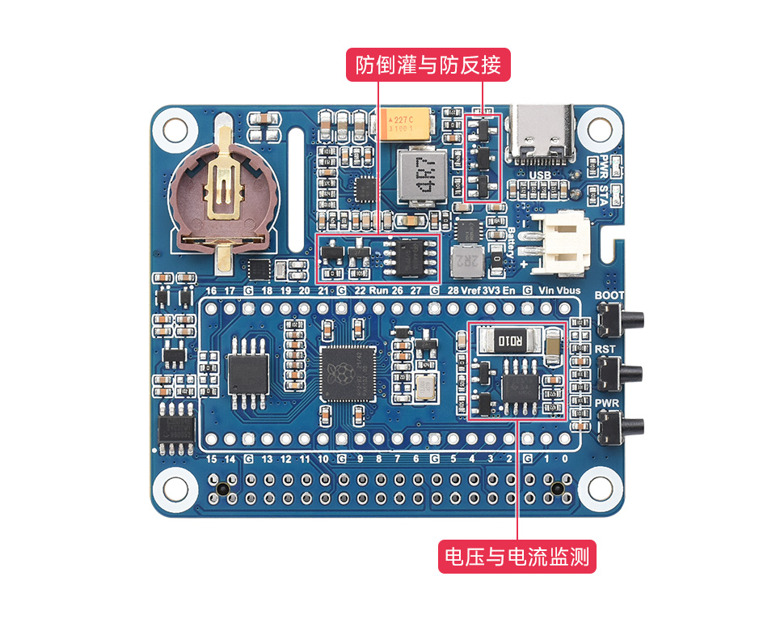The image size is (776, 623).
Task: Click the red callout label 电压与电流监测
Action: click(x=517, y=557)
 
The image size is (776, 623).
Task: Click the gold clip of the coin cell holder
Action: click(x=221, y=186)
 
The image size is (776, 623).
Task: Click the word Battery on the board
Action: click(x=512, y=244)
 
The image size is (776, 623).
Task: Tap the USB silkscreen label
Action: click(x=540, y=175)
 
